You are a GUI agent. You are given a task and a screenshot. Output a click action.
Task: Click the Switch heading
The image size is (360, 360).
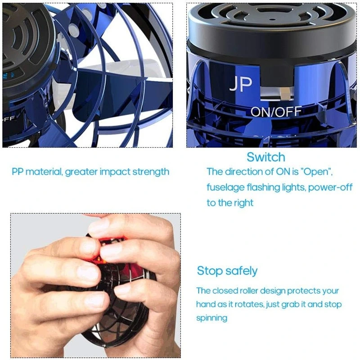266,157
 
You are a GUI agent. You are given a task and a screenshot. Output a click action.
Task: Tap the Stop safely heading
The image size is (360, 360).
227,271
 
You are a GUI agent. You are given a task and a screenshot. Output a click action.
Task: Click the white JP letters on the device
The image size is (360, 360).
241,84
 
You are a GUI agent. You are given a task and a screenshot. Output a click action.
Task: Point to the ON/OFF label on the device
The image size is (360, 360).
276,112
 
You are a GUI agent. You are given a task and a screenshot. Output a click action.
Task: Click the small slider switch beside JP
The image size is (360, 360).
285,93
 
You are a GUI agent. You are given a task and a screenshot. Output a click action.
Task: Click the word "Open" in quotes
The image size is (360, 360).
317,172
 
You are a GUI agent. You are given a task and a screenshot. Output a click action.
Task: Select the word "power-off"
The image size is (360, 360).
330,188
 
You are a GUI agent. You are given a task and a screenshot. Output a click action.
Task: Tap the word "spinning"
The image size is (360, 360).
211,318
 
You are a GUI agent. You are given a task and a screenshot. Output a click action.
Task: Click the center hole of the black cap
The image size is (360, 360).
272,20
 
